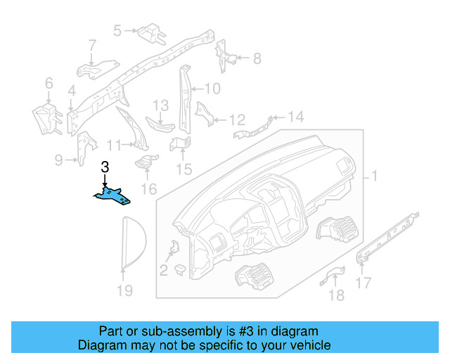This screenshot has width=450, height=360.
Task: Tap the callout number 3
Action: pos(105,167)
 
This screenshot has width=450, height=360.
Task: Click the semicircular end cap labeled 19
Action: pos(129,243)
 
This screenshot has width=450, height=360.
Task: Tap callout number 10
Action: pos(212,89)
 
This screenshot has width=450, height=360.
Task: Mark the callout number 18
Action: pos(337,295)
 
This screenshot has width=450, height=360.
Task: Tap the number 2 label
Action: pos(162,269)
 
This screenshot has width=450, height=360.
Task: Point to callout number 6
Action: pos(49,84)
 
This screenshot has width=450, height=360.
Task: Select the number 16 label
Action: pos(148,189)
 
